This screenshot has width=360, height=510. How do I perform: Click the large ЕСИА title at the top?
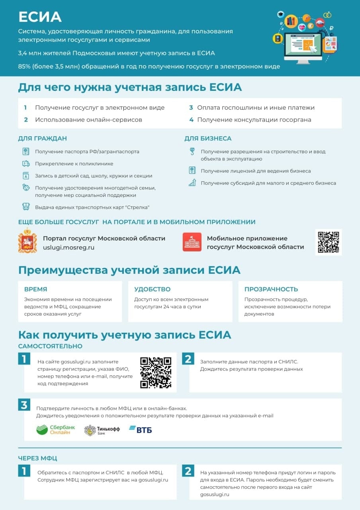[x=40, y=17]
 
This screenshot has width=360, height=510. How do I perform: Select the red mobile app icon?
[x=192, y=242]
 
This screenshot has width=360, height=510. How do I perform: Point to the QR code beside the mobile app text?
[x=329, y=242]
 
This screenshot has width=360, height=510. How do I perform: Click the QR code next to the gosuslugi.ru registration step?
[x=156, y=373]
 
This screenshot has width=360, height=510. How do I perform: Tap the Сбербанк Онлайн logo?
[x=55, y=430]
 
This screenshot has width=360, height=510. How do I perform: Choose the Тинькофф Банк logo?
[x=102, y=430]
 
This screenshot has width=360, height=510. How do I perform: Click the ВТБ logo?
[x=140, y=430]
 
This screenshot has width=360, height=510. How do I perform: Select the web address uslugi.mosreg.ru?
[x=69, y=247]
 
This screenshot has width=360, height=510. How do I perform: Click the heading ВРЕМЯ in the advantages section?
[x=35, y=289]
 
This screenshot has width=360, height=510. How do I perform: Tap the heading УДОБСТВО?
[x=152, y=289]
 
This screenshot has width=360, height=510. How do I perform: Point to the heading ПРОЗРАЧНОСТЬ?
[x=271, y=289]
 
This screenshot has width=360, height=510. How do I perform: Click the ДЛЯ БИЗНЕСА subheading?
[x=208, y=139]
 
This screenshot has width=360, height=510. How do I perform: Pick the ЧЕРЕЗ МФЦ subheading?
[x=37, y=458]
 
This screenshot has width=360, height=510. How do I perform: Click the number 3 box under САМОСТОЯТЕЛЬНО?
[x=24, y=405]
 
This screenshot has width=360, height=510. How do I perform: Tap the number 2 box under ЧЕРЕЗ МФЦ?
[x=188, y=471]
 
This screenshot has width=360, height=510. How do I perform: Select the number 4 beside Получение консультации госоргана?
[x=191, y=120]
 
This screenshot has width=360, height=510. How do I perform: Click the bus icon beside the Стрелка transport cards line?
[x=26, y=207]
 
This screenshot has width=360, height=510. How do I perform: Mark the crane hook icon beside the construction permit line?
[x=192, y=151]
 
